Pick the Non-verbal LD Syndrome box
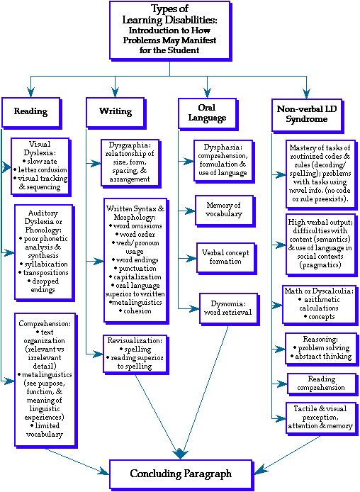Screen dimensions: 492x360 [305, 113]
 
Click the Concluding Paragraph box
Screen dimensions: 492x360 [180, 473]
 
